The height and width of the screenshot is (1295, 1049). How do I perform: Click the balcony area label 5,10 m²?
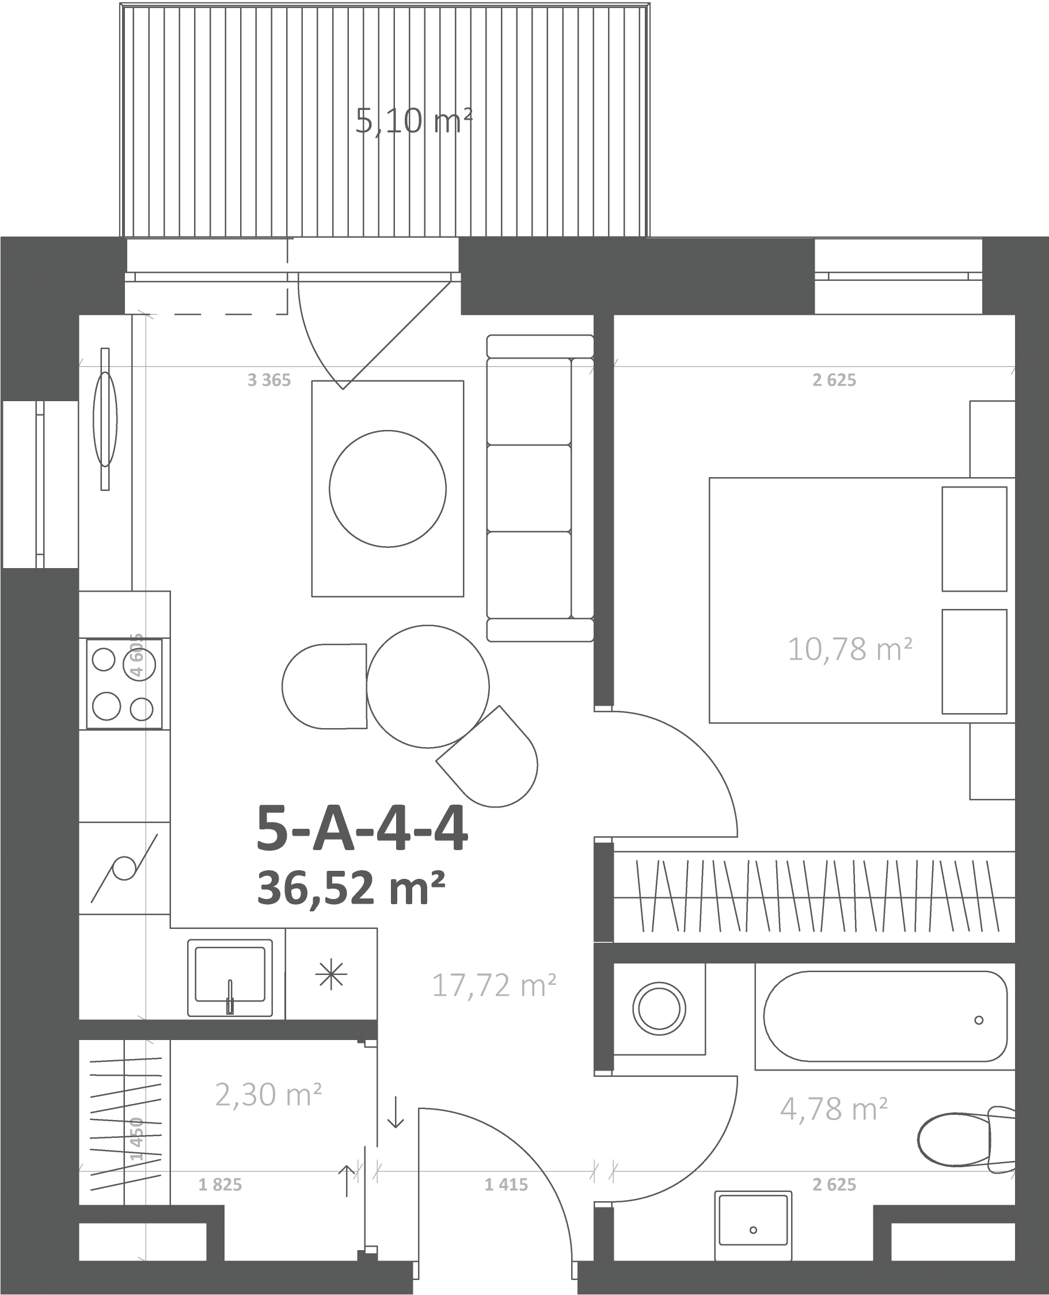[413, 121]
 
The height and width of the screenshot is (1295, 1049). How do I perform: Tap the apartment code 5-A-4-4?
[362, 829]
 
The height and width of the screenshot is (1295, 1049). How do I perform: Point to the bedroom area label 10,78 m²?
[850, 649]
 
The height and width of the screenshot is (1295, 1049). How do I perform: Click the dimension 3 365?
[269, 380]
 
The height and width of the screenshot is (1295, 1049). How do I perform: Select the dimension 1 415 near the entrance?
[507, 1184]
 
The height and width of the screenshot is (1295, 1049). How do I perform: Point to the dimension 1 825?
[220, 1184]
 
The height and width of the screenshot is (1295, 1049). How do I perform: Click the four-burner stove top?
[124, 684]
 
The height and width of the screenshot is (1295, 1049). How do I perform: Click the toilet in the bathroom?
[966, 1139]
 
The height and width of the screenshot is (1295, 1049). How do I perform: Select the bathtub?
[885, 1016]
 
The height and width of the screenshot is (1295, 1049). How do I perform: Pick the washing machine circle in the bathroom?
[659, 1009]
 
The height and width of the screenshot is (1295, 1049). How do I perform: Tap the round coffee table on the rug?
[388, 489]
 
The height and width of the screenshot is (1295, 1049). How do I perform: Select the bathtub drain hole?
[979, 1020]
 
